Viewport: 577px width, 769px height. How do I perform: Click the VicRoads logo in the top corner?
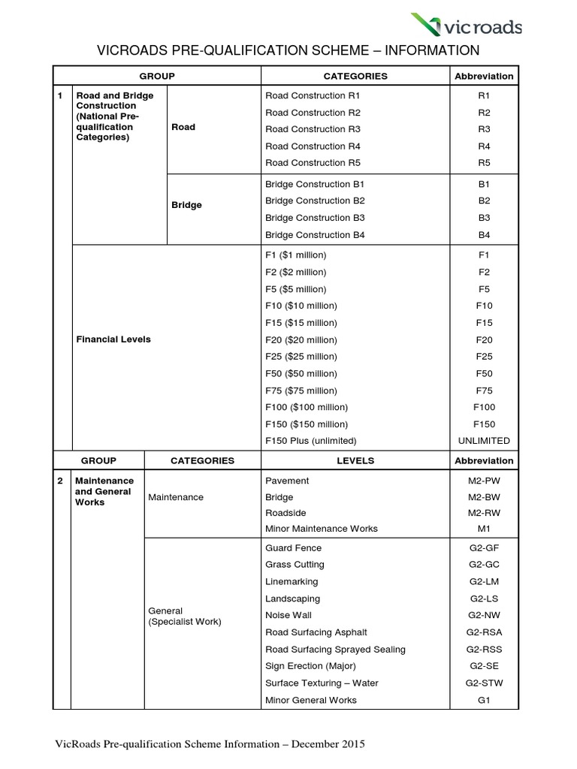pos(467,27)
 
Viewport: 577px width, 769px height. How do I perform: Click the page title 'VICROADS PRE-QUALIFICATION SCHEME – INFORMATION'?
pos(288,51)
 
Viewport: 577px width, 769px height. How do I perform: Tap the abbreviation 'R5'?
pos(484,163)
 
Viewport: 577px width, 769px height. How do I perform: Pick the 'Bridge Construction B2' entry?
pos(315,201)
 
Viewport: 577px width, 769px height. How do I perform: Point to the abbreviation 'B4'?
pos(484,235)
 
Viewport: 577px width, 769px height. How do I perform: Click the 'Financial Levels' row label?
pos(113,339)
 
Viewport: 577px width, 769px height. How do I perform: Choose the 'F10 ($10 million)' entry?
pos(301,306)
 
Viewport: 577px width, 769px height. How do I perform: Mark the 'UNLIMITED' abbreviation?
pos(484,441)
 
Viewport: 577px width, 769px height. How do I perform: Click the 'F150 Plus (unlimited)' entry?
pos(310,441)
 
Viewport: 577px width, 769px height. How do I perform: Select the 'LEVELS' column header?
pos(355,460)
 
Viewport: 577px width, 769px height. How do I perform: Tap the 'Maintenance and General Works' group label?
pos(104,491)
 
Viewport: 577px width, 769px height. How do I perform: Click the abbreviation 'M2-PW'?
pos(484,481)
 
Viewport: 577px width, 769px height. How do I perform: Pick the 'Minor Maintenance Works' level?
pos(321,529)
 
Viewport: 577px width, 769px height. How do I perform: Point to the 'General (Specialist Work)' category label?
pos(184,617)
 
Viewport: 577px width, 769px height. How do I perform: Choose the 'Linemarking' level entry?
pos(292,582)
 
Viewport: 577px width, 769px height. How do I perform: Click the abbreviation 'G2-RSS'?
pos(484,650)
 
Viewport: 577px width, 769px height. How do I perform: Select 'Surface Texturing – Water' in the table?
pos(322,683)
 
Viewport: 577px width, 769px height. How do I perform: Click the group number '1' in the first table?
pos(60,96)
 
